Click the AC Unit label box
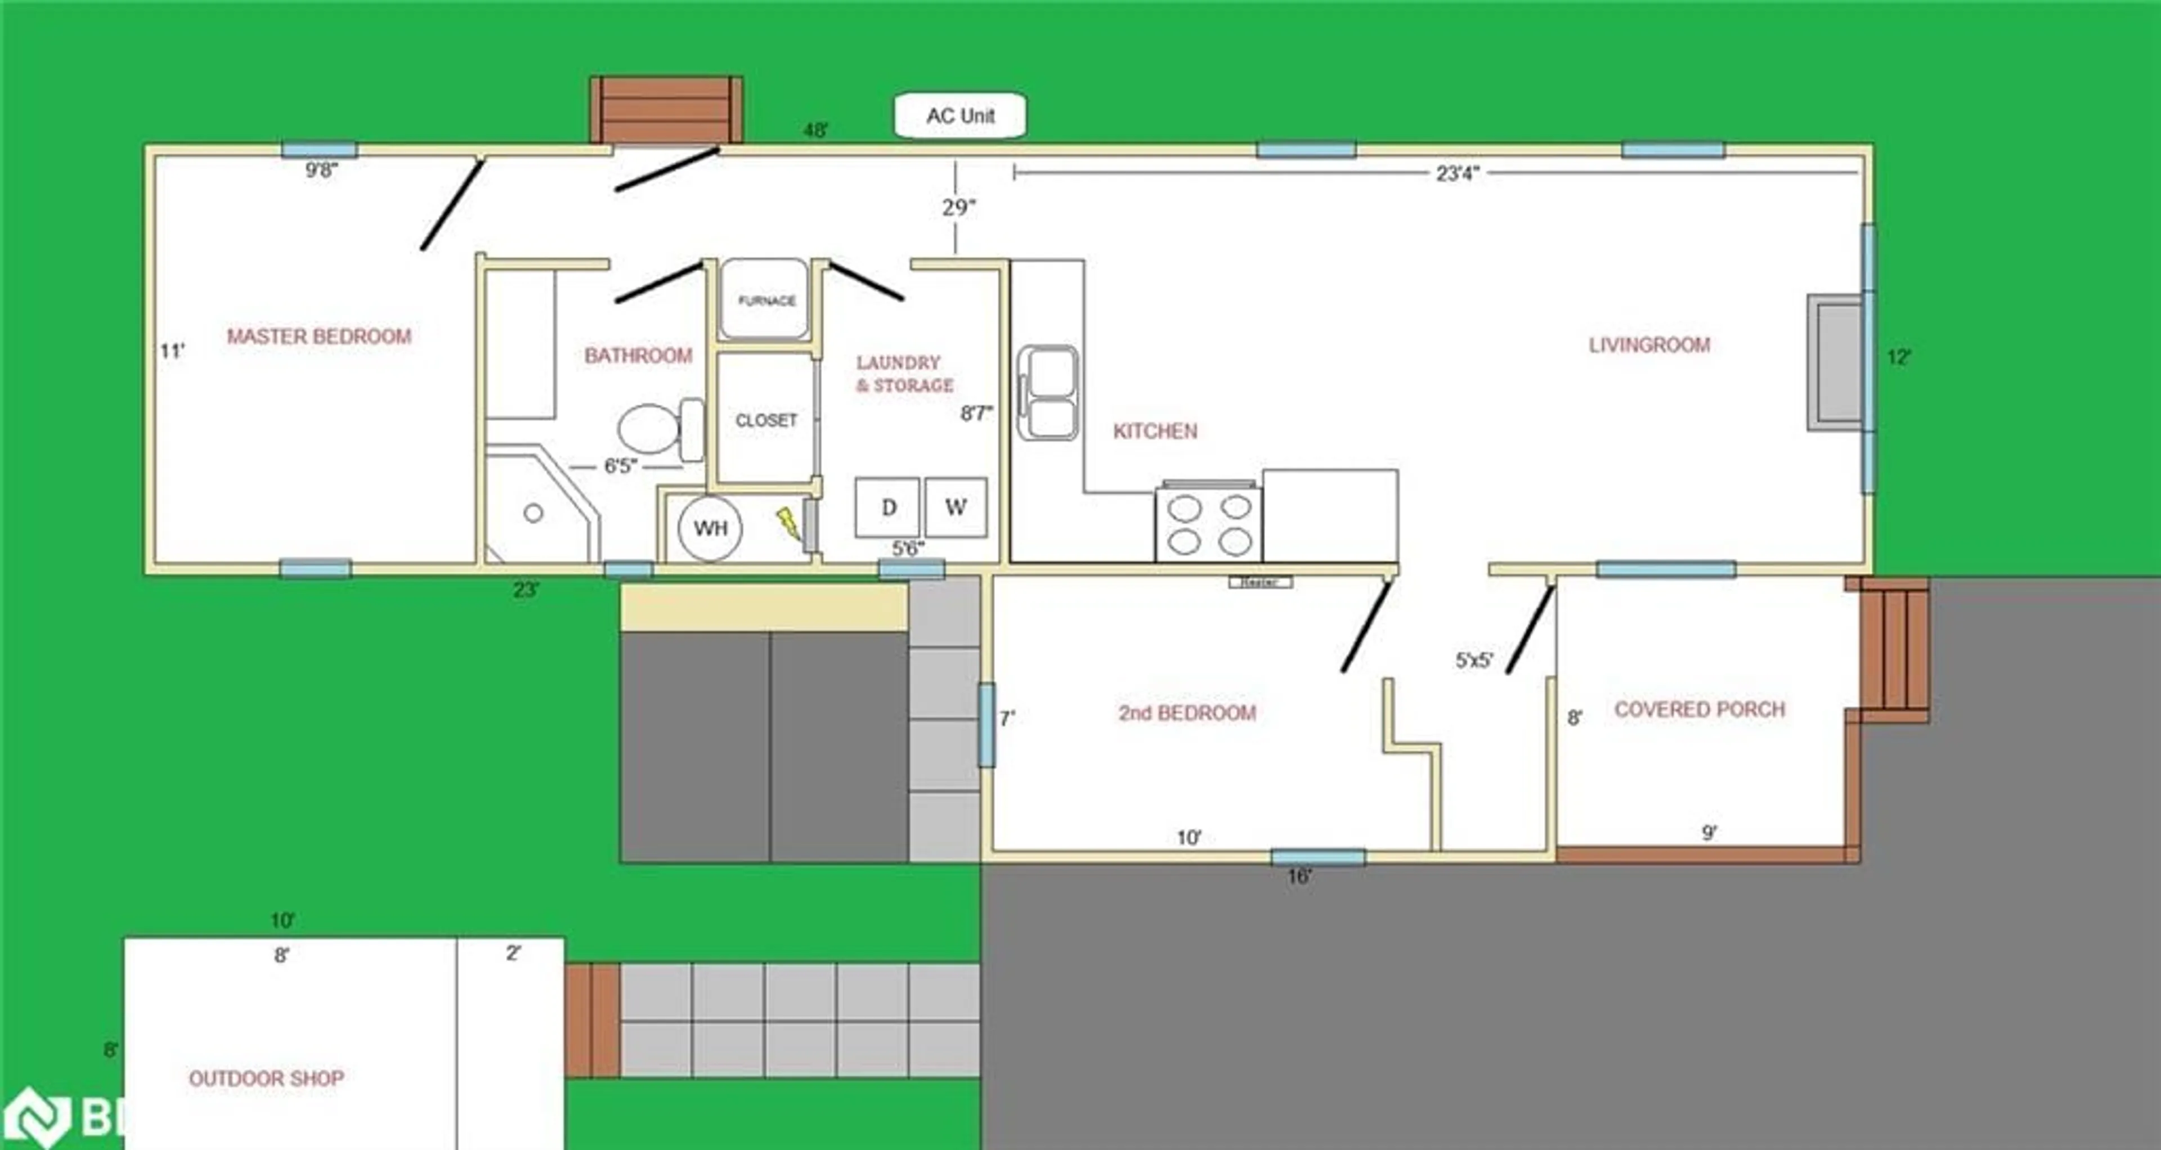(960, 116)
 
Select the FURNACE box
(766, 299)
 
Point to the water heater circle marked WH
(710, 528)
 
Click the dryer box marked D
(887, 507)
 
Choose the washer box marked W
(956, 507)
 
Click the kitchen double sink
(1048, 393)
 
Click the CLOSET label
(766, 420)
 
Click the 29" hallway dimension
(958, 207)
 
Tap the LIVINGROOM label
(1648, 345)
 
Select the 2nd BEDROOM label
(1186, 713)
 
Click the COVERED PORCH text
(1699, 709)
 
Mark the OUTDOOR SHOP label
(266, 1078)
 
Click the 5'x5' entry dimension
(1474, 660)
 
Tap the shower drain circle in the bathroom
(533, 513)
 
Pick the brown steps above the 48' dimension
(667, 110)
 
